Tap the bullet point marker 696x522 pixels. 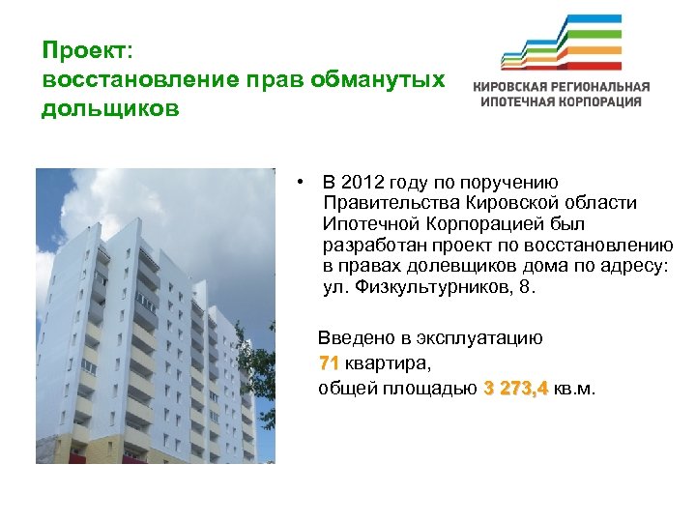(x=303, y=182)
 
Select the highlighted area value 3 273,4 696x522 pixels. (x=515, y=389)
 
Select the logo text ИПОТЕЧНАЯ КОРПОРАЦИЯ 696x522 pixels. (x=561, y=101)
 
